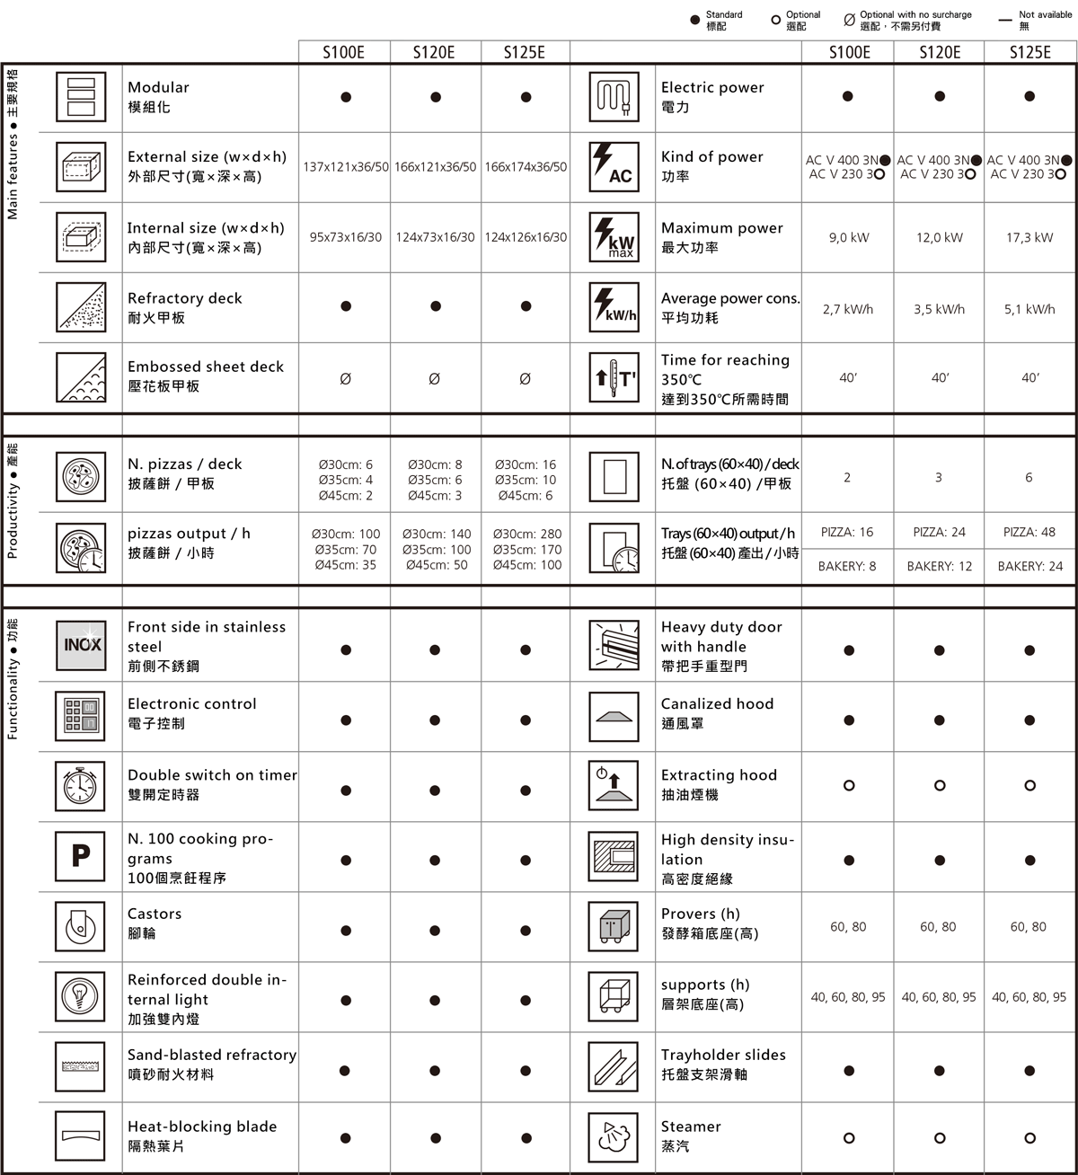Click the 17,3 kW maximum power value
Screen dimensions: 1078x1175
click(x=1029, y=238)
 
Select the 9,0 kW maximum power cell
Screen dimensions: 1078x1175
click(x=849, y=238)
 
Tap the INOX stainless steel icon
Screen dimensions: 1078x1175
click(x=81, y=645)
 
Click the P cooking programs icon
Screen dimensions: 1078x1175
click(x=81, y=856)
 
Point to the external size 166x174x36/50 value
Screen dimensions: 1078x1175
click(x=526, y=167)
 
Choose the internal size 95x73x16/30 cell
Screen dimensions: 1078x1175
click(x=346, y=238)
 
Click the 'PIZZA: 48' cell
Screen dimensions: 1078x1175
click(x=1029, y=532)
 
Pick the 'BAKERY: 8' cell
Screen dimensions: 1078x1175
click(x=847, y=567)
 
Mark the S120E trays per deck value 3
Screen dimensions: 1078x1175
click(x=939, y=478)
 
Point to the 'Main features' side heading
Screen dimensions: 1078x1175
click(x=13, y=144)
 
